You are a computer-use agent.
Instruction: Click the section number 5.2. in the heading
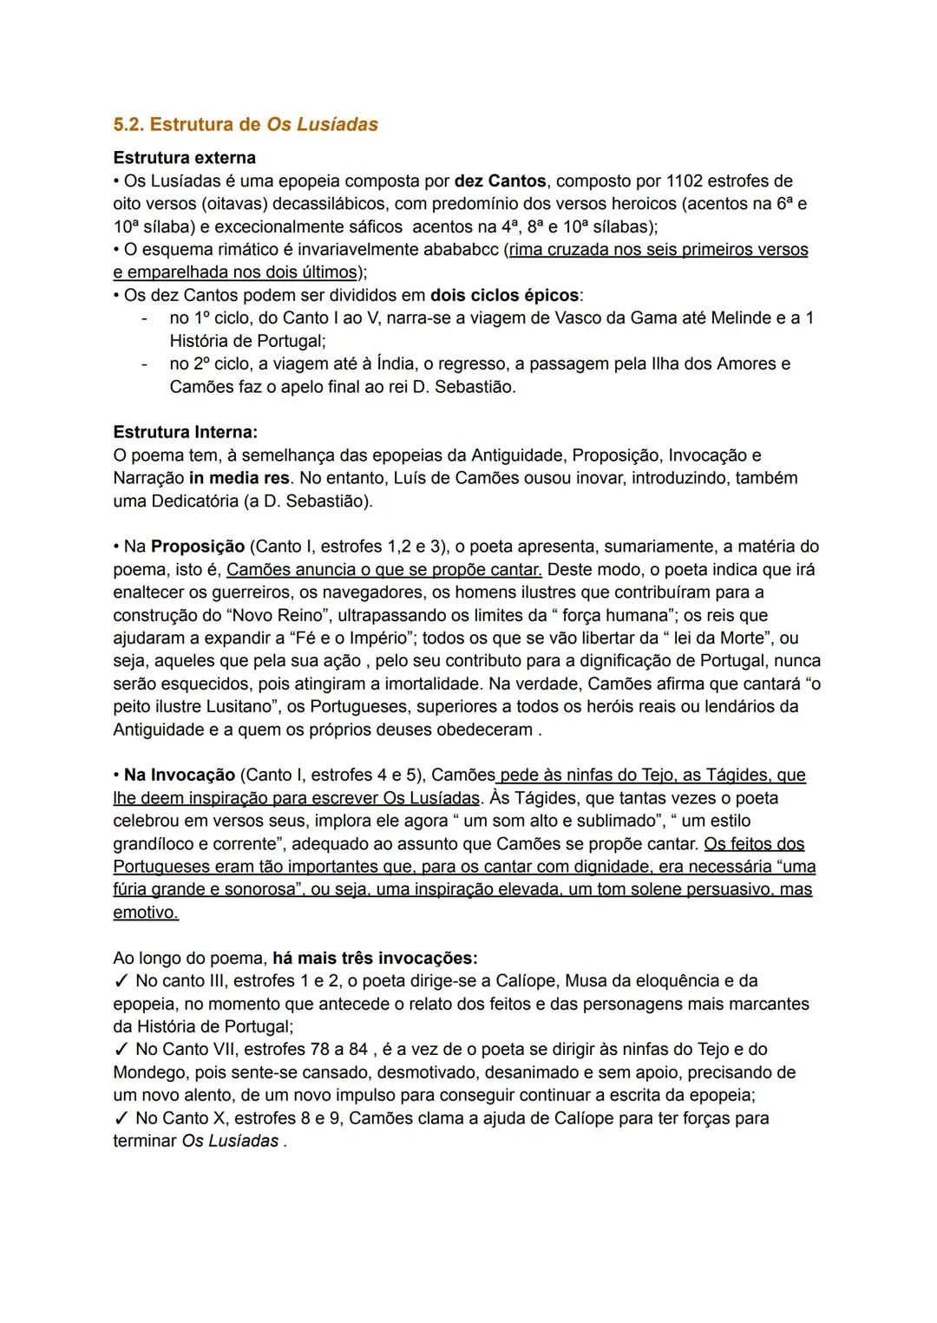click(x=128, y=124)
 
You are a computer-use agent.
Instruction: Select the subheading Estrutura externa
click(x=184, y=158)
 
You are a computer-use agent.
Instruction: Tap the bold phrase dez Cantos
click(x=500, y=181)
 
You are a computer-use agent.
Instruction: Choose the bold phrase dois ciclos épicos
click(x=504, y=295)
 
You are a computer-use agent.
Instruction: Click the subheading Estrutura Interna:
click(x=185, y=432)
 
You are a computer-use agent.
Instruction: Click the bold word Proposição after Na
click(x=198, y=547)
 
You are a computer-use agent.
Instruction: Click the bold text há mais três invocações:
click(x=375, y=958)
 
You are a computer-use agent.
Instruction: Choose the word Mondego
click(x=150, y=1072)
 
